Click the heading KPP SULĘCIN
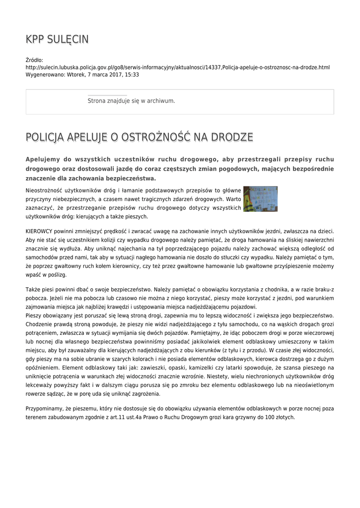[57, 40]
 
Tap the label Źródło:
[34, 60]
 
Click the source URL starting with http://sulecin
[177, 67]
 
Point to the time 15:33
[132, 75]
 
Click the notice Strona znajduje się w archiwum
[131, 101]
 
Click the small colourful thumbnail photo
[260, 199]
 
